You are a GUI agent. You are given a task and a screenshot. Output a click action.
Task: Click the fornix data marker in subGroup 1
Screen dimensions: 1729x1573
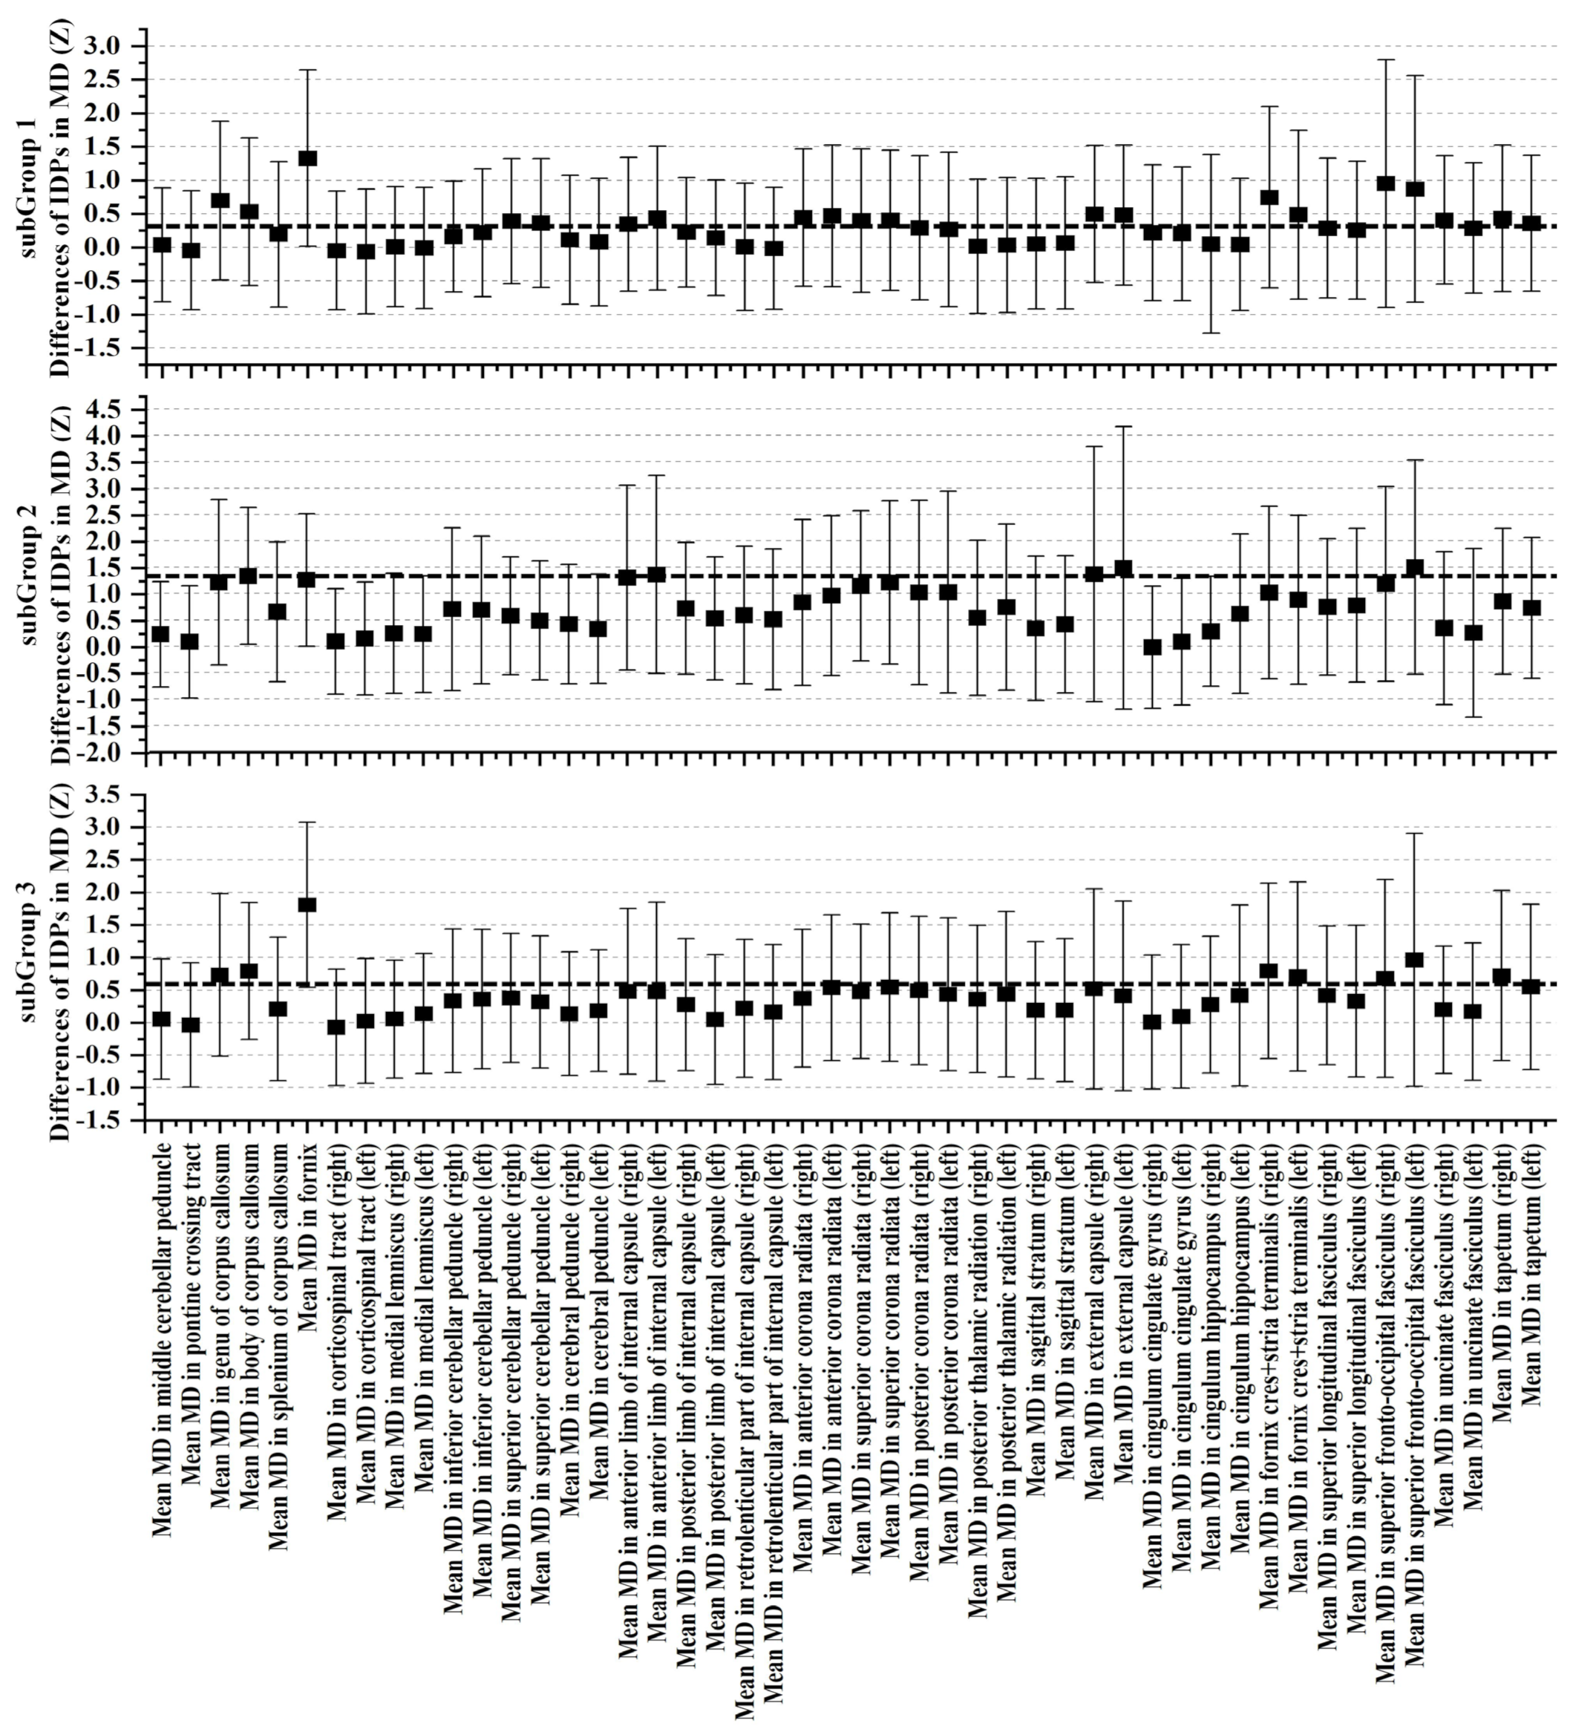(x=307, y=159)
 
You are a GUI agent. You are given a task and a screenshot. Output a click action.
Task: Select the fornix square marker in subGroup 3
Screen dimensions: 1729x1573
(x=307, y=905)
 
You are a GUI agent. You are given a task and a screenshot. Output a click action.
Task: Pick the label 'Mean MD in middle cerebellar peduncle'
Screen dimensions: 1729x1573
(x=162, y=1332)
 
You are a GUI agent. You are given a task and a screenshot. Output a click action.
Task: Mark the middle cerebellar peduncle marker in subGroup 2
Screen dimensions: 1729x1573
(x=160, y=635)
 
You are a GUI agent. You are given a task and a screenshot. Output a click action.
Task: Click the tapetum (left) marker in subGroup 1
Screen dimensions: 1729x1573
(x=1531, y=224)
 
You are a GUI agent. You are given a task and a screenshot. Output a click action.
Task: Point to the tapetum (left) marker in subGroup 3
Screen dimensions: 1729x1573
(x=1531, y=987)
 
